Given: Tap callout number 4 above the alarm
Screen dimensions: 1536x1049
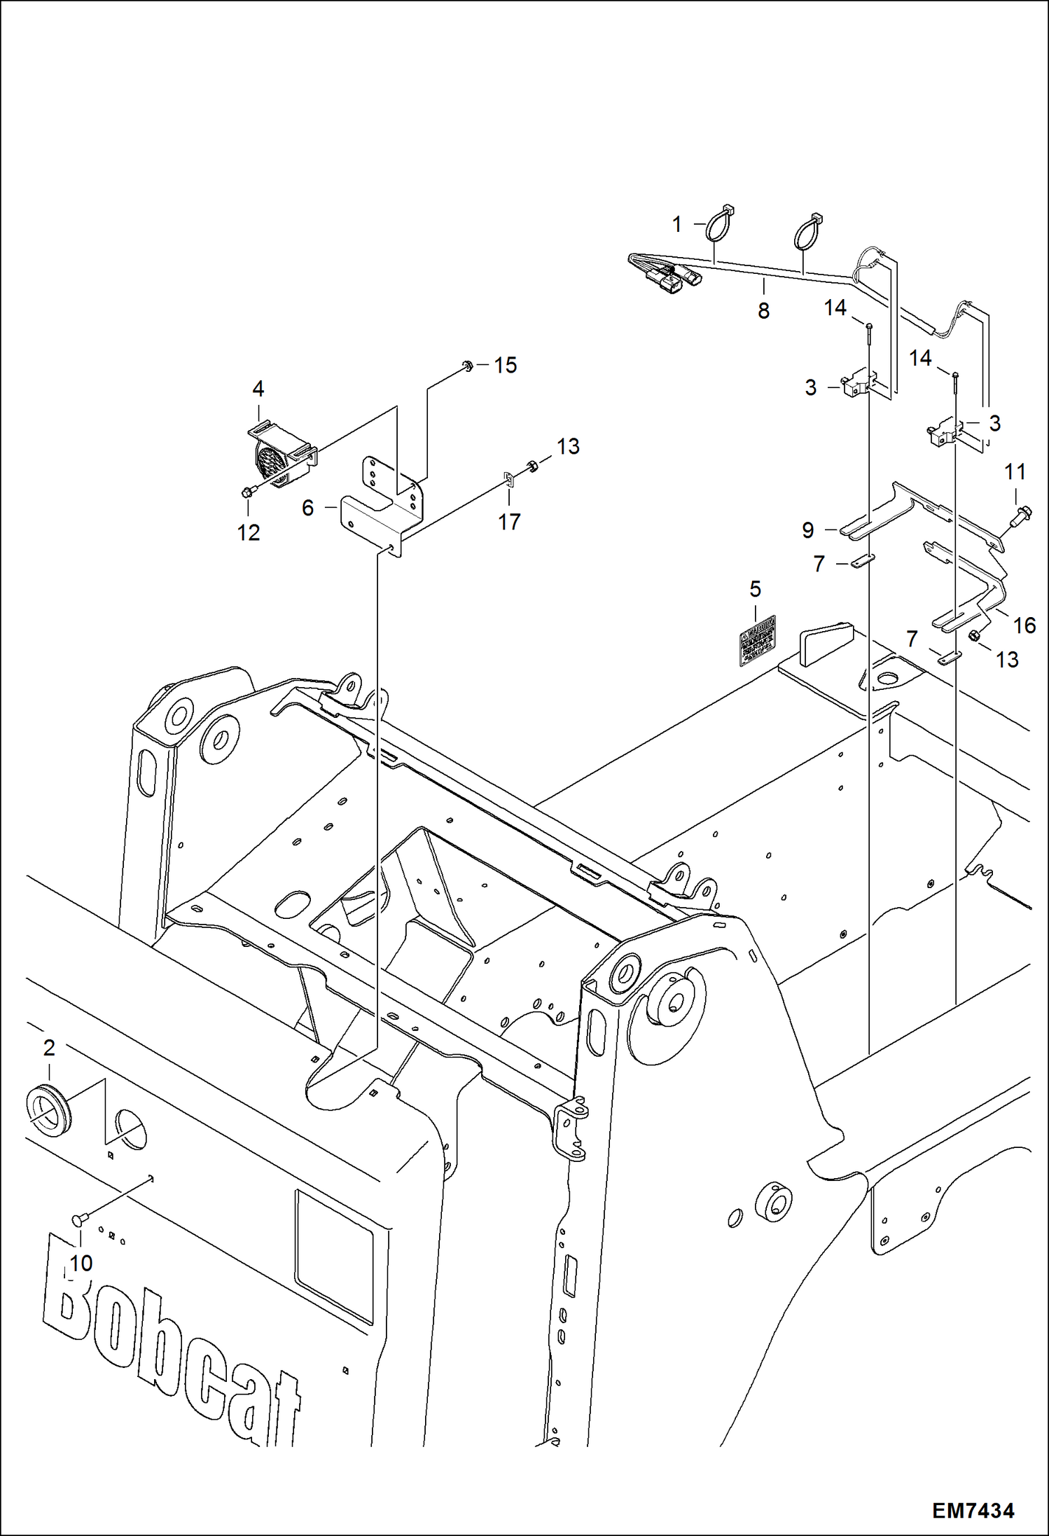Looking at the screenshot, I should [258, 388].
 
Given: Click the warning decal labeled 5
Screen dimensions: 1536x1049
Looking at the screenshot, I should [758, 639].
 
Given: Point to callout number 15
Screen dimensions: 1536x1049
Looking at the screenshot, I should [505, 365].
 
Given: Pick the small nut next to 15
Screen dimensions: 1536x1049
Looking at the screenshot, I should [466, 364].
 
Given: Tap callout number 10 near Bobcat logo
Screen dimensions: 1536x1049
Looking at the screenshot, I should [81, 1263].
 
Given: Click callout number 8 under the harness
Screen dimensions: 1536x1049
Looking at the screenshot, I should [763, 310].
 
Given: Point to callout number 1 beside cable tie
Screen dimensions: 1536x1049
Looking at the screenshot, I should [676, 224].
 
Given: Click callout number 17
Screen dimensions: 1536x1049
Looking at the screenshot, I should [509, 521].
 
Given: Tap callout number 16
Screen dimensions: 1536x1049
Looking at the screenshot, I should [1024, 625].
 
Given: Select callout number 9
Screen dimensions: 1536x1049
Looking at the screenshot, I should [807, 530].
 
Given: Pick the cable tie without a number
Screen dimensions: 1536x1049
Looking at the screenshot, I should [807, 231].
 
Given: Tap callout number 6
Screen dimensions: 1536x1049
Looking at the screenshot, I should [307, 508].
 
